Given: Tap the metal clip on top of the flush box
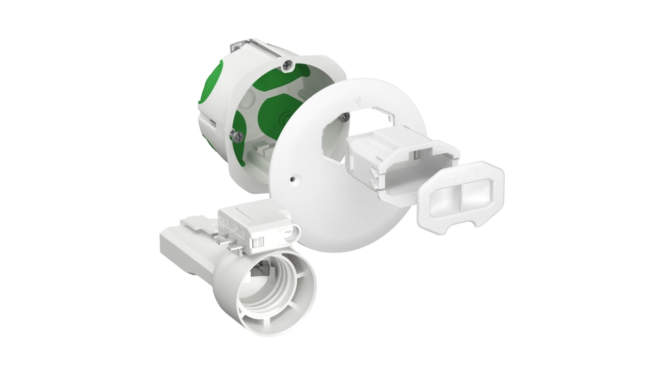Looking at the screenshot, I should (x=249, y=49).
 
